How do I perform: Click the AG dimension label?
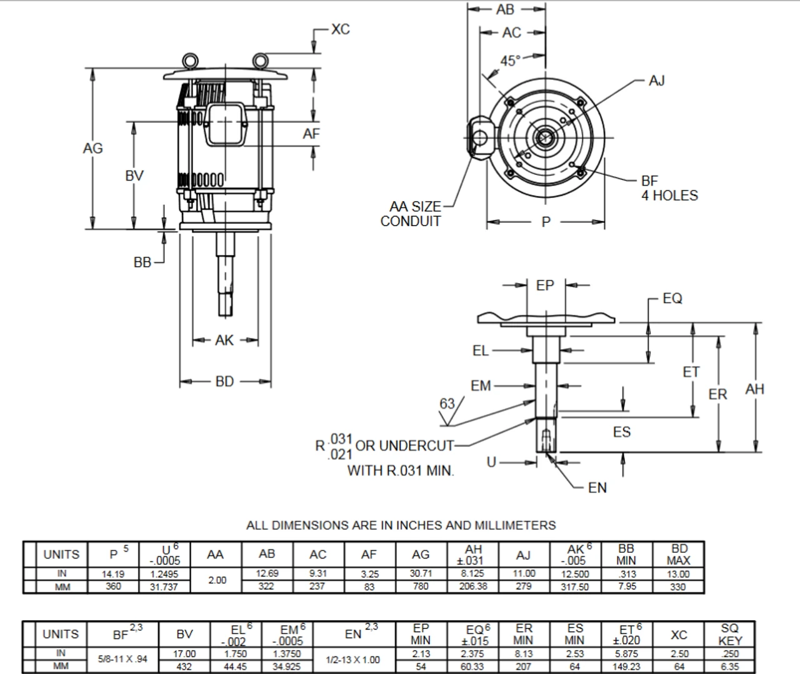[92, 149]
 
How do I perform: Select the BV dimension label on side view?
[134, 176]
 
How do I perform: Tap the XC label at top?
[340, 29]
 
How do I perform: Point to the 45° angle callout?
[510, 61]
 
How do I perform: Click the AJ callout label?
[656, 81]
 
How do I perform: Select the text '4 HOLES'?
[669, 196]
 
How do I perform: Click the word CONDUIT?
[411, 221]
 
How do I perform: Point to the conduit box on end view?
[479, 136]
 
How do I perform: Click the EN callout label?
[597, 488]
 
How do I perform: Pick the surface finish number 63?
[447, 404]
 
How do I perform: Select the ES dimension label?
[621, 432]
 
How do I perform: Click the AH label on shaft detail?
[754, 389]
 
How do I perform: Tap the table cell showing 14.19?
[113, 573]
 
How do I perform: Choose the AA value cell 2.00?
[217, 580]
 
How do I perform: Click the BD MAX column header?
[678, 555]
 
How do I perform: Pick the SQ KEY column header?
[729, 635]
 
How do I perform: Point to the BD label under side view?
[224, 381]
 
